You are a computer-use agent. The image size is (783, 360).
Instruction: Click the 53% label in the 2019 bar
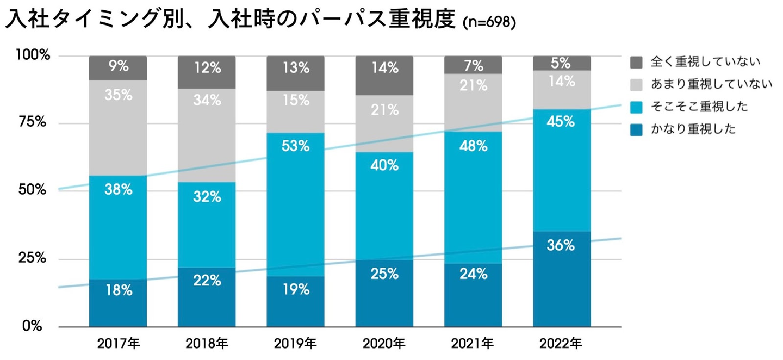[295, 146]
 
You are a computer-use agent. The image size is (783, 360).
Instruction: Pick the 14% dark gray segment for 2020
[384, 75]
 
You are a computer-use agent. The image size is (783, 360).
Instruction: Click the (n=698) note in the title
[488, 23]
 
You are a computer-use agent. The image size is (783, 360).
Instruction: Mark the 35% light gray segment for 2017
[118, 128]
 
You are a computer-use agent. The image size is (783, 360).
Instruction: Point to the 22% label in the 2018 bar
[207, 281]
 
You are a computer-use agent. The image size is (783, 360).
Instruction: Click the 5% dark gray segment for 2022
[562, 63]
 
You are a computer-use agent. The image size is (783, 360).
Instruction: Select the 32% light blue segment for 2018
[207, 225]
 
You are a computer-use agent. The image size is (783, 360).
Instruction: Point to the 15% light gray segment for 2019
[295, 111]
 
